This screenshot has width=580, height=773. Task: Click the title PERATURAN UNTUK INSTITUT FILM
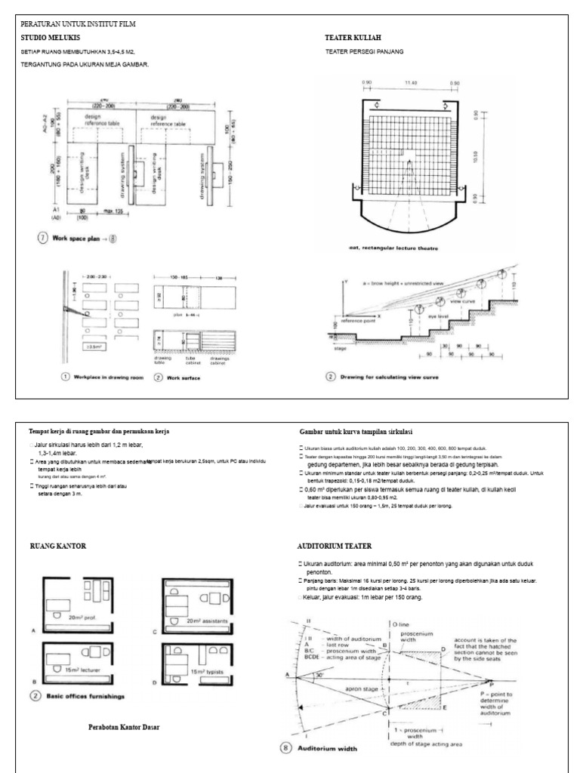pos(78,24)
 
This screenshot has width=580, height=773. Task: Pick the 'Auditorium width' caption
pos(337,749)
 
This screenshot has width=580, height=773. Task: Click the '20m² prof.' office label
pos(85,616)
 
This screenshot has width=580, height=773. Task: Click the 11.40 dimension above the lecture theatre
pos(411,82)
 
